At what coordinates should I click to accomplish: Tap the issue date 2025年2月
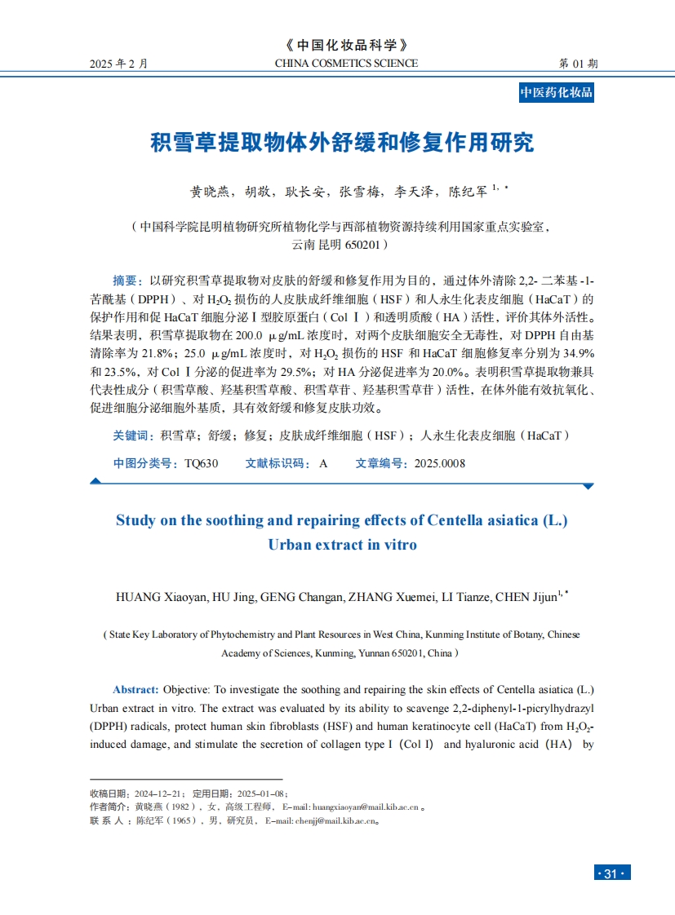(119, 64)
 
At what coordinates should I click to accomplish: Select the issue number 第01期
(578, 64)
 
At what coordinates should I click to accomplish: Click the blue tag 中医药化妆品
(557, 93)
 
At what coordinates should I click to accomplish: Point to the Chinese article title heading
(343, 143)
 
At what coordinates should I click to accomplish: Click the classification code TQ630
(202, 463)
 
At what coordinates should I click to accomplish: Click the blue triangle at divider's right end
(587, 486)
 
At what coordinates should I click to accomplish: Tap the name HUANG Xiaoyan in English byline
(162, 597)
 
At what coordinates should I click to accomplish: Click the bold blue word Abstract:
(135, 689)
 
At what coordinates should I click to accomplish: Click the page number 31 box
(611, 873)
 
